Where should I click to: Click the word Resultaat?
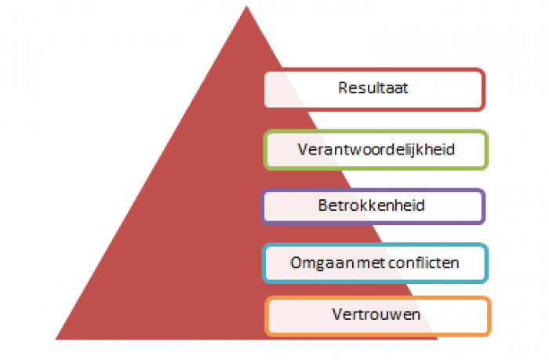tap(373, 88)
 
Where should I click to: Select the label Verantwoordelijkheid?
tap(376, 150)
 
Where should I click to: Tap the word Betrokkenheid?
tap(372, 205)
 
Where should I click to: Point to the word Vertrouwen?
tap(376, 315)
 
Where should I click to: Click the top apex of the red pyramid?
tap(246, 6)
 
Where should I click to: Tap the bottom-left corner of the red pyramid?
tap(56, 339)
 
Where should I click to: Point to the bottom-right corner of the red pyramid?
tap(438, 339)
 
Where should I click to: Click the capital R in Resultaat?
tap(344, 88)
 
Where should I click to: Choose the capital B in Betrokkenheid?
tap(323, 205)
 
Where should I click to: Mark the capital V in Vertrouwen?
tap(338, 315)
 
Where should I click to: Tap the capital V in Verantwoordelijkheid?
tap(304, 150)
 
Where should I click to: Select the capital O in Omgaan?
tap(296, 263)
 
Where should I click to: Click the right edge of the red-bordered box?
tap(484, 89)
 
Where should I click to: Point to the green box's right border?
tap(485, 150)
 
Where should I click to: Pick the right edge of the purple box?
tap(483, 206)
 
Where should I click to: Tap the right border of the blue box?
tap(485, 263)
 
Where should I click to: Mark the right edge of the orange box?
tap(489, 316)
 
